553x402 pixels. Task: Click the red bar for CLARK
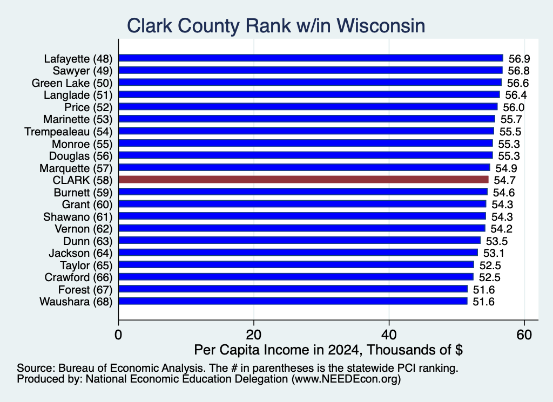point(304,180)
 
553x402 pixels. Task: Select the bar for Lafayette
point(311,58)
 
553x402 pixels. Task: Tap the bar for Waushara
point(293,301)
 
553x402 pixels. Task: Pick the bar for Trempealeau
point(307,131)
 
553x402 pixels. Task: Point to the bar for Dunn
point(300,240)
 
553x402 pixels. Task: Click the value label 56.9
point(519,59)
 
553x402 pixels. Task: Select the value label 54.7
point(505,180)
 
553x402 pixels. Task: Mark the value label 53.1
point(494,253)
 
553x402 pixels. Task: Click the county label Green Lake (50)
point(72,83)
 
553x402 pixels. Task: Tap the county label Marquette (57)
point(76,168)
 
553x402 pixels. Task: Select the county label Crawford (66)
point(78,277)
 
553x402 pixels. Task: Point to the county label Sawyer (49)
point(83,71)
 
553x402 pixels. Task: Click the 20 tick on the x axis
point(254,335)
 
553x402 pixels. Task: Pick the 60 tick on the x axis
point(524,335)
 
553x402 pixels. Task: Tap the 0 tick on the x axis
point(118,335)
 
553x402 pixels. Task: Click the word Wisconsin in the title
point(381,26)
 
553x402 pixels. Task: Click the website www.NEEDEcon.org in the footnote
point(346,379)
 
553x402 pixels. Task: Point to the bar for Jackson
point(298,253)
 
